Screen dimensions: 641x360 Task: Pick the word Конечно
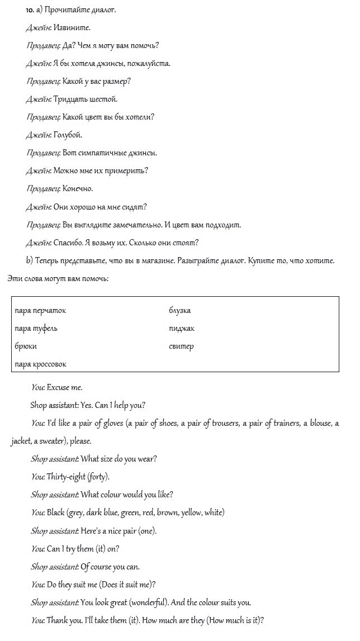pos(78,189)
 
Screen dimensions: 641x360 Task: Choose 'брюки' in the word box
pos(26,346)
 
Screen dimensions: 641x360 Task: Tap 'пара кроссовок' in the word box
pos(41,364)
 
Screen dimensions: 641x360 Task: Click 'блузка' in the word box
pos(179,311)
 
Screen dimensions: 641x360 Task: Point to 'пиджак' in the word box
pos(181,329)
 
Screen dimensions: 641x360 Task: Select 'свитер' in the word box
pos(181,346)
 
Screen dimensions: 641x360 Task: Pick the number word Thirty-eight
pos(68,477)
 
